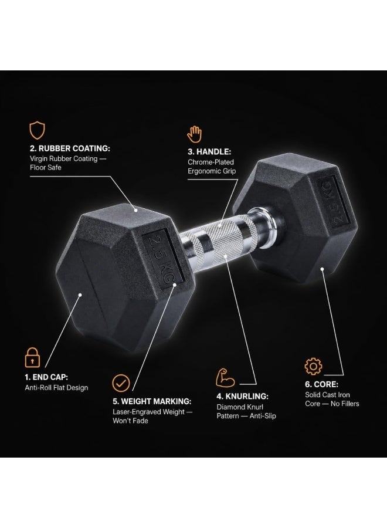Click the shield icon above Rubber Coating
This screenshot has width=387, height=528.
point(37,130)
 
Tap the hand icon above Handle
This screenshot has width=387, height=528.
point(195,134)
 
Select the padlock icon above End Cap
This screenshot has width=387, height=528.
point(32,358)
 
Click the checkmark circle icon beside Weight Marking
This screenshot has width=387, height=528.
point(121,383)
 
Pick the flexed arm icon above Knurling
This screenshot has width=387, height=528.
point(225,377)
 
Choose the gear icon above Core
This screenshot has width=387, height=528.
point(313,366)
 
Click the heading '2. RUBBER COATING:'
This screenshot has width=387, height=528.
point(70,148)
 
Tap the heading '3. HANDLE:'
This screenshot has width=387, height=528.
point(209,152)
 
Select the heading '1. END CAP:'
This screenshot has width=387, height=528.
point(46,377)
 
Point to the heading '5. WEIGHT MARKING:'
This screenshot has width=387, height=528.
point(152,401)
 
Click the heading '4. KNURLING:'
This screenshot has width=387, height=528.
point(242,397)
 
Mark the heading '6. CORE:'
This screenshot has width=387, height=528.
point(322,384)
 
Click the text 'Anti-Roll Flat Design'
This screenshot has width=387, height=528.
point(56,388)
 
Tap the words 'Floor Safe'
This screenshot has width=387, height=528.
point(45,167)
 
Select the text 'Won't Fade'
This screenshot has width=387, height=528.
point(130,421)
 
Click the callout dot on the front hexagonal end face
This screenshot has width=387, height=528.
point(80,295)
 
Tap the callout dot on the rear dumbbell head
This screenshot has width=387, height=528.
point(322,269)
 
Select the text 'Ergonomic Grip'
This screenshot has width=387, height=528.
point(212,171)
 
